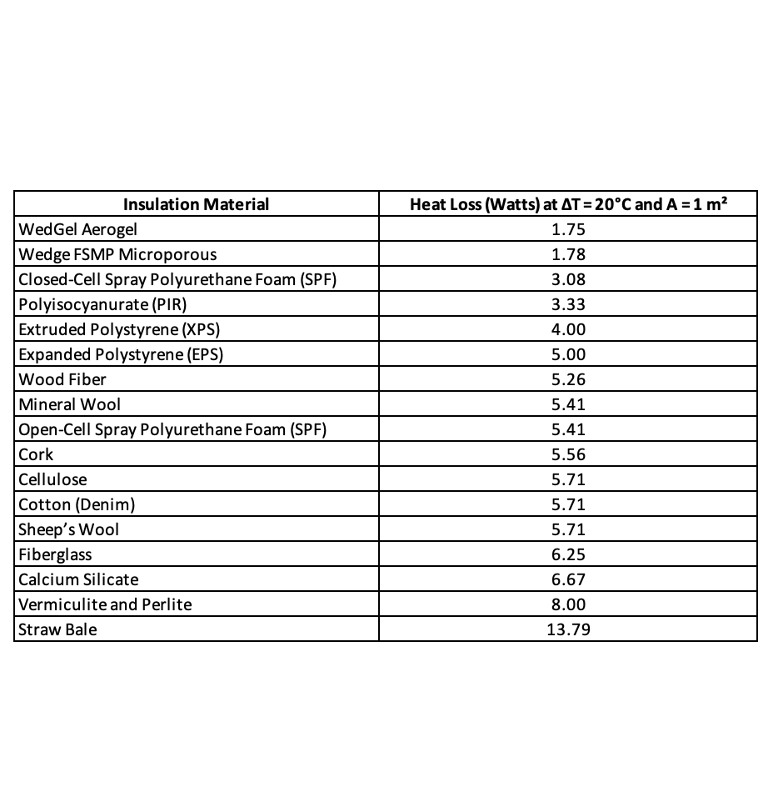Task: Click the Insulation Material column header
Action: (x=196, y=204)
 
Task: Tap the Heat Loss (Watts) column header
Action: (x=568, y=204)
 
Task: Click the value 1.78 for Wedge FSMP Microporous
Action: (x=568, y=254)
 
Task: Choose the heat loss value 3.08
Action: (x=568, y=279)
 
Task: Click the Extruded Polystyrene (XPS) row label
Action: (x=118, y=329)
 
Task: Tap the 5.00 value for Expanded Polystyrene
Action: (x=568, y=354)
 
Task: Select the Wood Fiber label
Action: (x=62, y=379)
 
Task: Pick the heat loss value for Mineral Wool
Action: (x=568, y=404)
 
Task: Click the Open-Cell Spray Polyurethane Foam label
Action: (x=172, y=429)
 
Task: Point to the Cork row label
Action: (x=36, y=454)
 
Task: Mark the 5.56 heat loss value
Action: (x=568, y=454)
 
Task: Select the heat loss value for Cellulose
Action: (x=568, y=479)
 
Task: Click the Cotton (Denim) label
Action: (x=77, y=504)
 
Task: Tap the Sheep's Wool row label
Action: (x=68, y=529)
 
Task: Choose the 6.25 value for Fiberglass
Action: (x=568, y=554)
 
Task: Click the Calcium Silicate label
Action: (x=78, y=579)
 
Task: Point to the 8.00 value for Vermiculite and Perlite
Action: (x=568, y=604)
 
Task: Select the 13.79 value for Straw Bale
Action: (x=568, y=629)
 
